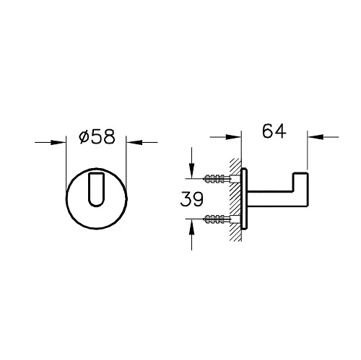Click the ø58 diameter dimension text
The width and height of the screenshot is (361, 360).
[x=96, y=137]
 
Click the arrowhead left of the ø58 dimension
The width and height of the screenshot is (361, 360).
[x=61, y=143]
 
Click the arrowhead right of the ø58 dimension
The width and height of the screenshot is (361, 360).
[x=132, y=143]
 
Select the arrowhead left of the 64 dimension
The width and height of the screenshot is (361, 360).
[x=235, y=135]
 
